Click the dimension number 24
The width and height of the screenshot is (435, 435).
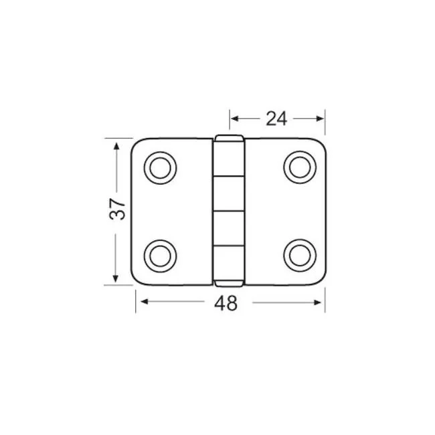point(276,118)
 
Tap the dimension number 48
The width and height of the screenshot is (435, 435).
point(226,303)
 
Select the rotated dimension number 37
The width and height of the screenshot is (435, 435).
point(118,209)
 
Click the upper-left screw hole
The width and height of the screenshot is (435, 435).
point(161,168)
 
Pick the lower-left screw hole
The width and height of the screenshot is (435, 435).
point(161,256)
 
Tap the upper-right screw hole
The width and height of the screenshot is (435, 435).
point(300,167)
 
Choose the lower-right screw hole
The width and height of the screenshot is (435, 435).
point(300,255)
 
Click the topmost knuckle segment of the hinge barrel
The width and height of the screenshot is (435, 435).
point(229,159)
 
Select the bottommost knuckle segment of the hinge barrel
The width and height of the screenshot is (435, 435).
point(229,263)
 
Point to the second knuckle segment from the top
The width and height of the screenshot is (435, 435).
point(229,193)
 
